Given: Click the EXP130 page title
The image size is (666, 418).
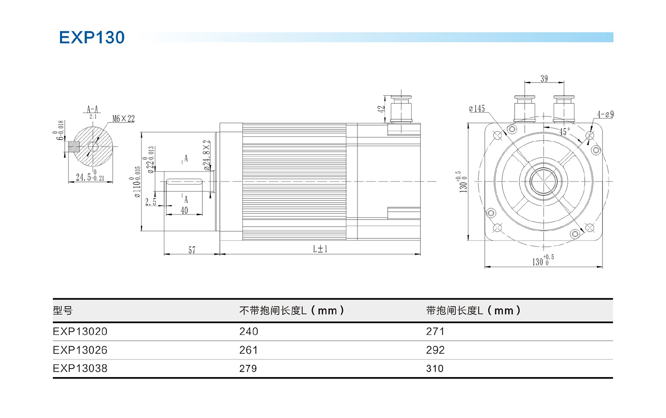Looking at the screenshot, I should (92, 38).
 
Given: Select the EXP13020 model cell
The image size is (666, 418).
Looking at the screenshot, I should (80, 331).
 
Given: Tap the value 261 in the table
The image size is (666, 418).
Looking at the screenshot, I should (248, 350).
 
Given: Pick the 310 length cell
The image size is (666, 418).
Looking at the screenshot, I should (435, 368).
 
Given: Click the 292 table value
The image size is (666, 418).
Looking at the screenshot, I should (435, 350).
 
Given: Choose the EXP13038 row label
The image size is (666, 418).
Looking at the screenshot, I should (80, 368).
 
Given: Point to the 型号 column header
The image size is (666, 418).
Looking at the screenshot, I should (63, 311).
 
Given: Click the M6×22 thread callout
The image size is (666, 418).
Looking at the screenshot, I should (123, 119).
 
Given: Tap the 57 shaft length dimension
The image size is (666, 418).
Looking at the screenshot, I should (192, 250).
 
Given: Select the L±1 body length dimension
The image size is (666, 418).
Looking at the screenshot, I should (320, 249).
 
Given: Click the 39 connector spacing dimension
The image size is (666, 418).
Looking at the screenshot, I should (544, 79).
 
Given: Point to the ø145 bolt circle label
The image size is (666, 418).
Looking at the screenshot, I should (477, 109).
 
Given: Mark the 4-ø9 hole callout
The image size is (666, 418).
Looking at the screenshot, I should (605, 114).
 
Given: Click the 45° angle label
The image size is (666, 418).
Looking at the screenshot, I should (564, 132).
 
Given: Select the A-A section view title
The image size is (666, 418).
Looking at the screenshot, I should (92, 109).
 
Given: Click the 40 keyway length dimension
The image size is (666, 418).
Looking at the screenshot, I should (184, 211).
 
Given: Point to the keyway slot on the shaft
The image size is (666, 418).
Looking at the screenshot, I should (184, 181).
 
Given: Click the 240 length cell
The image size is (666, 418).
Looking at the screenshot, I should (249, 331).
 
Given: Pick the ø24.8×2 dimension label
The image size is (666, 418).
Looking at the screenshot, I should (207, 155).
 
